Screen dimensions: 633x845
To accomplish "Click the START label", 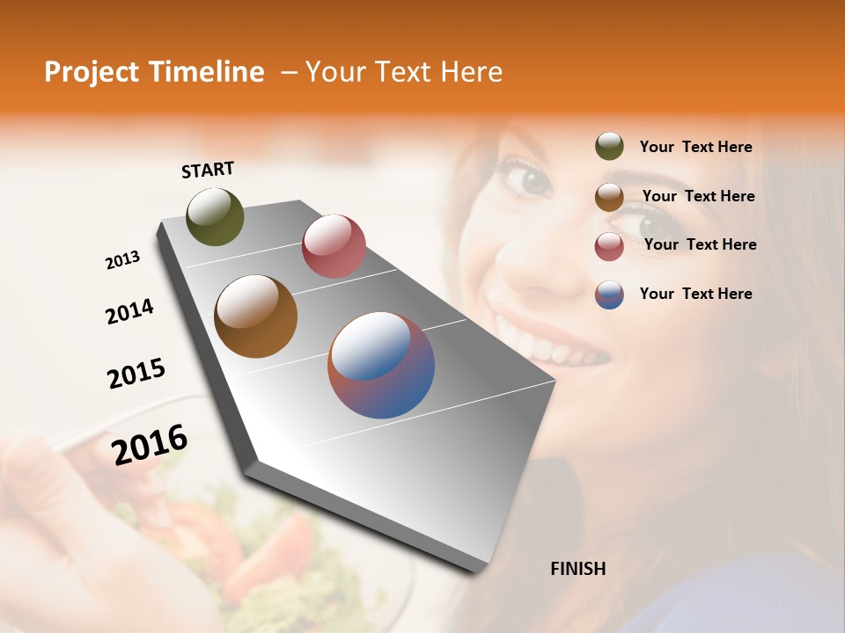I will coord(208,170).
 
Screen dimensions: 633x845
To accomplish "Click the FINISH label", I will coord(577,569).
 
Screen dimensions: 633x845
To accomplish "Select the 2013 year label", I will coord(122,260).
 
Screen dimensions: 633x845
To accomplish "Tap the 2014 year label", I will coord(129,311).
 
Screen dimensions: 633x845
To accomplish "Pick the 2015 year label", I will coord(136,374).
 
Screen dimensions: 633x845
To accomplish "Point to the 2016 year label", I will coord(150,445).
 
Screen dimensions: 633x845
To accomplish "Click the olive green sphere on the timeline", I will coord(216,217).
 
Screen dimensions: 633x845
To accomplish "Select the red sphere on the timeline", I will coord(334,246).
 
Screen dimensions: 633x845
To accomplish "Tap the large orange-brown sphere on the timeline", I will coord(255,316).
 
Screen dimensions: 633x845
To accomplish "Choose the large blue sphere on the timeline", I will coord(381,365).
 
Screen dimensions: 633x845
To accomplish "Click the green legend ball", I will coord(609,147).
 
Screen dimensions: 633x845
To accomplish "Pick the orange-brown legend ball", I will coord(609,197).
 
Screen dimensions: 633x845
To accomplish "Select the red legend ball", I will coord(609,246).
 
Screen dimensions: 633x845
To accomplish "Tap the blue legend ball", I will coord(609,295).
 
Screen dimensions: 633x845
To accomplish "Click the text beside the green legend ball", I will coord(695,148).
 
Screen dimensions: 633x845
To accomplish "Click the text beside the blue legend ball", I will coord(695,294).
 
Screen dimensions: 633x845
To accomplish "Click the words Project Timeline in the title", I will coord(154,72).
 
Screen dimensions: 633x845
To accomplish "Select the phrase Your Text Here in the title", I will coord(403,72).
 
